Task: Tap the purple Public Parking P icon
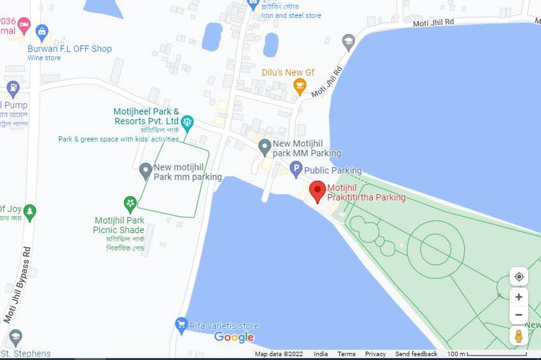coord(296,170)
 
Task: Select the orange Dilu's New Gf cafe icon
coord(299,86)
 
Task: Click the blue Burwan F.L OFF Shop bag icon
coord(42,31)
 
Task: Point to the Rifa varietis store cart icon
coord(181,325)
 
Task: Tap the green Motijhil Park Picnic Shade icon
coord(130,204)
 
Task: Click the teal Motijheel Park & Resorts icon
coord(187,121)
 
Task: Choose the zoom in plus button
coord(519,297)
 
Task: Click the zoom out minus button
coord(519,315)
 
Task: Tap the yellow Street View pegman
coord(519,336)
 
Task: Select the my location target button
coord(519,277)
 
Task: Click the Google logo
coord(234,337)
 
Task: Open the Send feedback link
coord(416,354)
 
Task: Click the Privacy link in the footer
coord(375,354)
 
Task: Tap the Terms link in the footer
coord(346,354)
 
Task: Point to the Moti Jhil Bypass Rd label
coord(17,284)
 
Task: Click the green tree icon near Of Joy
coord(29,211)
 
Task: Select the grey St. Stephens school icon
coord(16,337)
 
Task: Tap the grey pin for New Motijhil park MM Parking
coord(264,148)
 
